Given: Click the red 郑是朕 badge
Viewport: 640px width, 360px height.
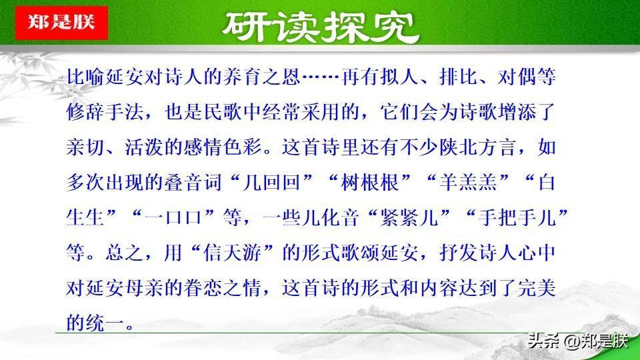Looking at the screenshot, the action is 61,23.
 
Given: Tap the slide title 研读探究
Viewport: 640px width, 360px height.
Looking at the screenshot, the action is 321,27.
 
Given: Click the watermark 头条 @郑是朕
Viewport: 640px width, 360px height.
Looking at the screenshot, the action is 577,341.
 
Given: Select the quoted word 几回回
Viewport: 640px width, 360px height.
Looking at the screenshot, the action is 271,181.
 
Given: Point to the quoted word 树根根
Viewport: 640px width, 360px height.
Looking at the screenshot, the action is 370,181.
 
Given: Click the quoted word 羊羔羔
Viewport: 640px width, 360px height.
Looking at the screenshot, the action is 468,181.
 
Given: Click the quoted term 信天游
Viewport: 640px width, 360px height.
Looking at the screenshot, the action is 232,253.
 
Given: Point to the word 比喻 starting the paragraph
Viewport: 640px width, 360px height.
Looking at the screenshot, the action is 85,76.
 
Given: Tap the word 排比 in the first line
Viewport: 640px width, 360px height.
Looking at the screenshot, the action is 459,76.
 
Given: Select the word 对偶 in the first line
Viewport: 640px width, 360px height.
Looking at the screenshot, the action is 517,76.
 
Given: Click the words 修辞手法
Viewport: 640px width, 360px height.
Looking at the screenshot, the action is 105,111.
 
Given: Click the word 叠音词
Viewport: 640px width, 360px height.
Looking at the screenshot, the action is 193,181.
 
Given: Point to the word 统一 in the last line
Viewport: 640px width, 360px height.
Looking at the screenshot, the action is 105,323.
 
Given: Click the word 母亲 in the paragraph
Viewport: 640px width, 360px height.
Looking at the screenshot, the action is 144,288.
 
